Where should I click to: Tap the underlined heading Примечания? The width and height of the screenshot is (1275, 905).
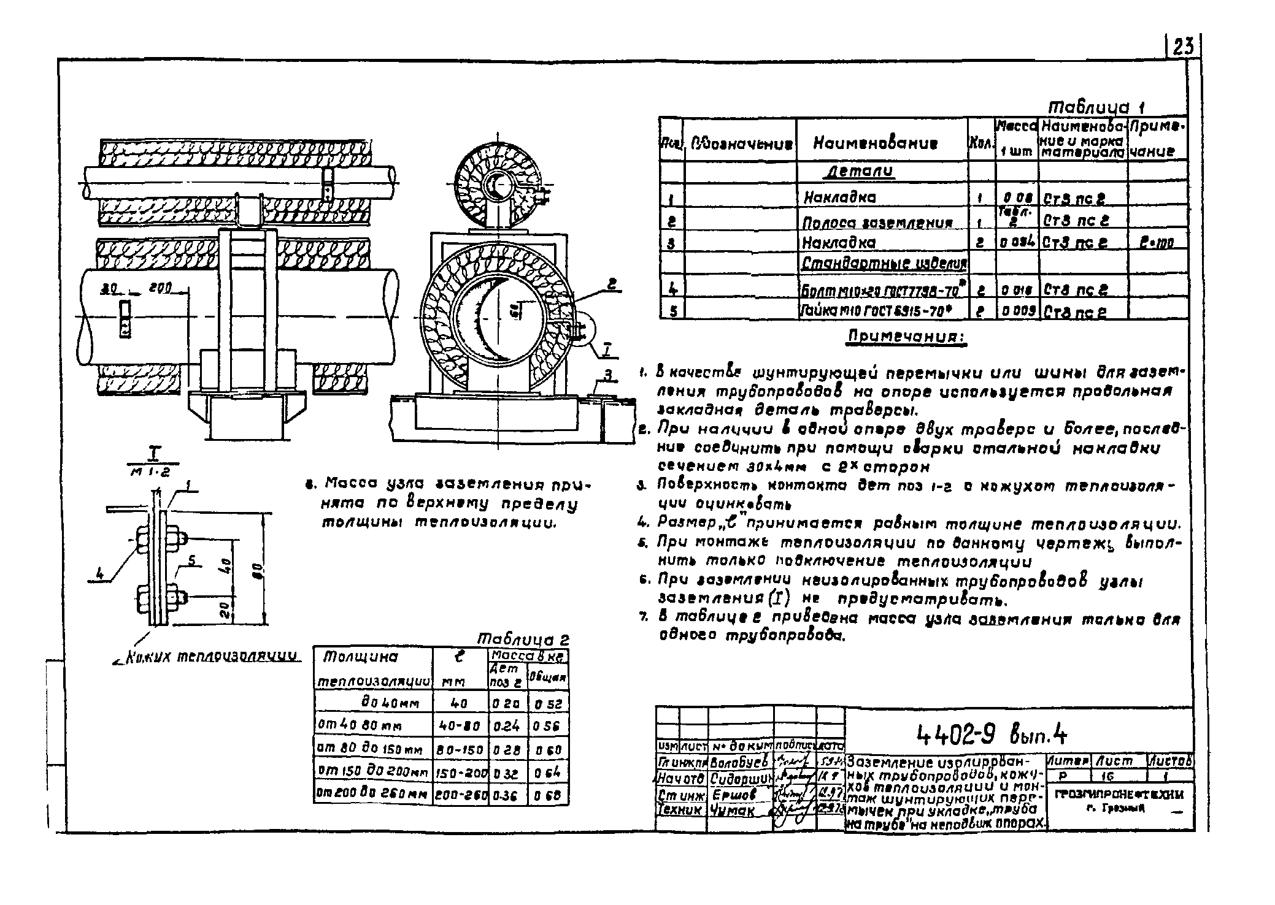pos(906,337)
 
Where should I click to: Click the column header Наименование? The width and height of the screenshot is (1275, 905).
pos(875,143)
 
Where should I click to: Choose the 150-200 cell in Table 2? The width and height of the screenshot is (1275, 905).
pos(460,774)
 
